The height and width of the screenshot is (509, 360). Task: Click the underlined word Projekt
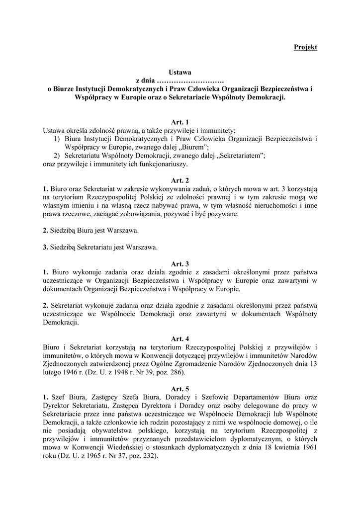305,47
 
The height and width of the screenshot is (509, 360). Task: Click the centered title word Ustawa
180,73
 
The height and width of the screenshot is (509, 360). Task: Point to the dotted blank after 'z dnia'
190,81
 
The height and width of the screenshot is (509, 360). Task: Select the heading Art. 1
180,122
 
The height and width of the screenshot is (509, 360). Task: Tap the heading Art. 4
180,339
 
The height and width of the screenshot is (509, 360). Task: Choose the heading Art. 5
180,388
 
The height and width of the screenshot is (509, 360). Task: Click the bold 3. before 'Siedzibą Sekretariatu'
45,247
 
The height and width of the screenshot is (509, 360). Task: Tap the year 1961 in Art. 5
307,447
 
